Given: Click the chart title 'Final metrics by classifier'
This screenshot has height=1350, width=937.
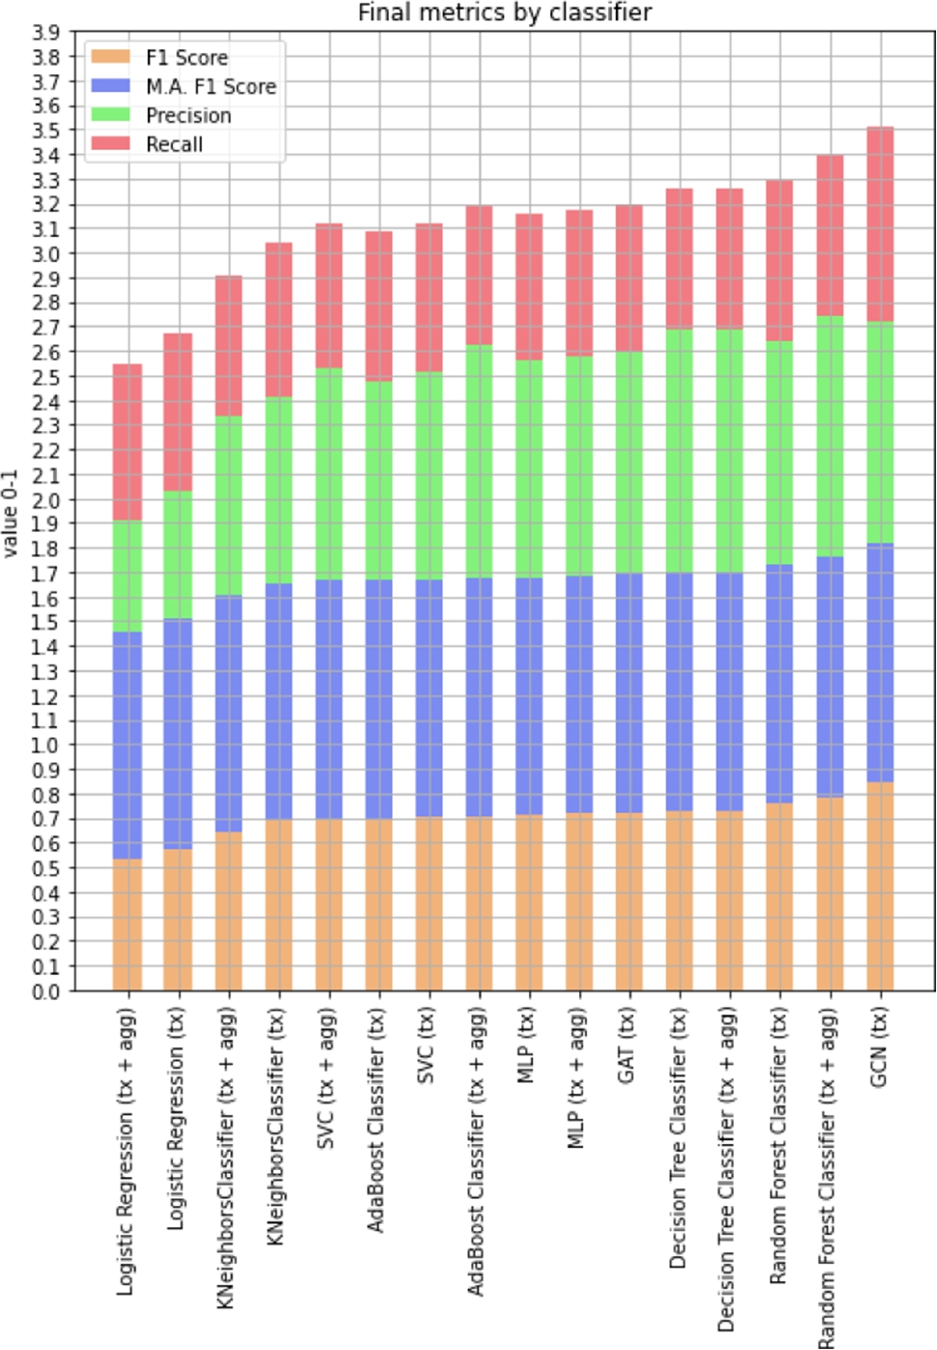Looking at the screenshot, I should (x=504, y=13).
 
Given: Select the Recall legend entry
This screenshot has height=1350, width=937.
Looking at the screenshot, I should (x=174, y=144).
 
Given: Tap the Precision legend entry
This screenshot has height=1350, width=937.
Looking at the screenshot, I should (x=188, y=115).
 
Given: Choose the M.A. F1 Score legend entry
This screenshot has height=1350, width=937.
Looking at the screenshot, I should (x=210, y=86).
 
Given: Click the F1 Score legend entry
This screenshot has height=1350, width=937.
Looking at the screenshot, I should (x=186, y=57).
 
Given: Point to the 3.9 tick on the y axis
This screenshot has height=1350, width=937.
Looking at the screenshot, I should (x=45, y=32).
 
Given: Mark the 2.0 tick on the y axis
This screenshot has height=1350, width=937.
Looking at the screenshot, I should (x=45, y=500).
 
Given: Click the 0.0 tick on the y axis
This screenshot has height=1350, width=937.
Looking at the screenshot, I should (x=45, y=991).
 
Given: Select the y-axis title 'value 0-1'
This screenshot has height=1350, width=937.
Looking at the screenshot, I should (x=12, y=513).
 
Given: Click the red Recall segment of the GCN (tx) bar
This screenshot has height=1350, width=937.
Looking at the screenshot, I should (x=880, y=224).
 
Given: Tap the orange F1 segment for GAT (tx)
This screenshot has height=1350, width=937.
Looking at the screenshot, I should (x=629, y=901).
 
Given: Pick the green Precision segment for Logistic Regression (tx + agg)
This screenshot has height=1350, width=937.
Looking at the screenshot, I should (x=128, y=576).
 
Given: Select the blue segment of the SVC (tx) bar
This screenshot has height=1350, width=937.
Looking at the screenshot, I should (x=429, y=698).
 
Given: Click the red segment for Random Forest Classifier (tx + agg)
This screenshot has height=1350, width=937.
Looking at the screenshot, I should (x=830, y=236).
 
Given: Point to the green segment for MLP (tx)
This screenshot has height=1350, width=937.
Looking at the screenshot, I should (x=529, y=469).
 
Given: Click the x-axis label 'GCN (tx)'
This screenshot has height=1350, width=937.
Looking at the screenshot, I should (x=879, y=1047).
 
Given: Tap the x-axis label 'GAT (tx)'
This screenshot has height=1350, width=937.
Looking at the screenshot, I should (x=628, y=1045).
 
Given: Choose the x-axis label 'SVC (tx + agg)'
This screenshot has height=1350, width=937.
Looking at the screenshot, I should (x=327, y=1078).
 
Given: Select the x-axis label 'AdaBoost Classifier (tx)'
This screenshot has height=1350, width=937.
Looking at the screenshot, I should (x=377, y=1120).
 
